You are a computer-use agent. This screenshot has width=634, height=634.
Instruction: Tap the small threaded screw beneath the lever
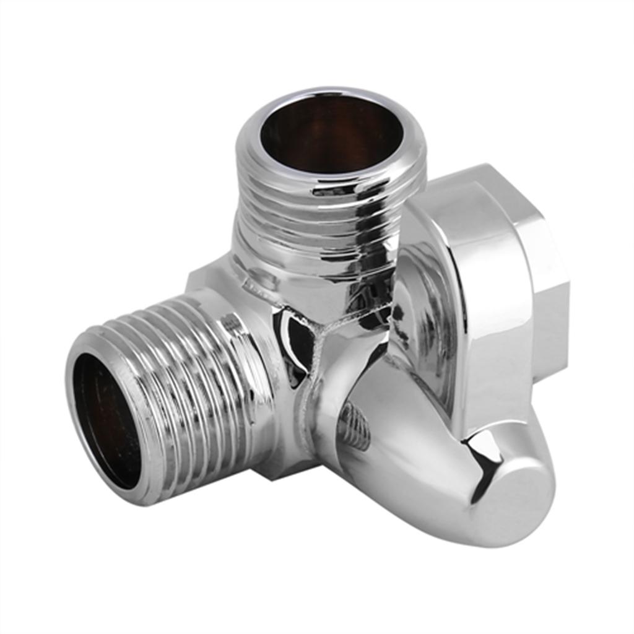(x=356, y=427)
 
